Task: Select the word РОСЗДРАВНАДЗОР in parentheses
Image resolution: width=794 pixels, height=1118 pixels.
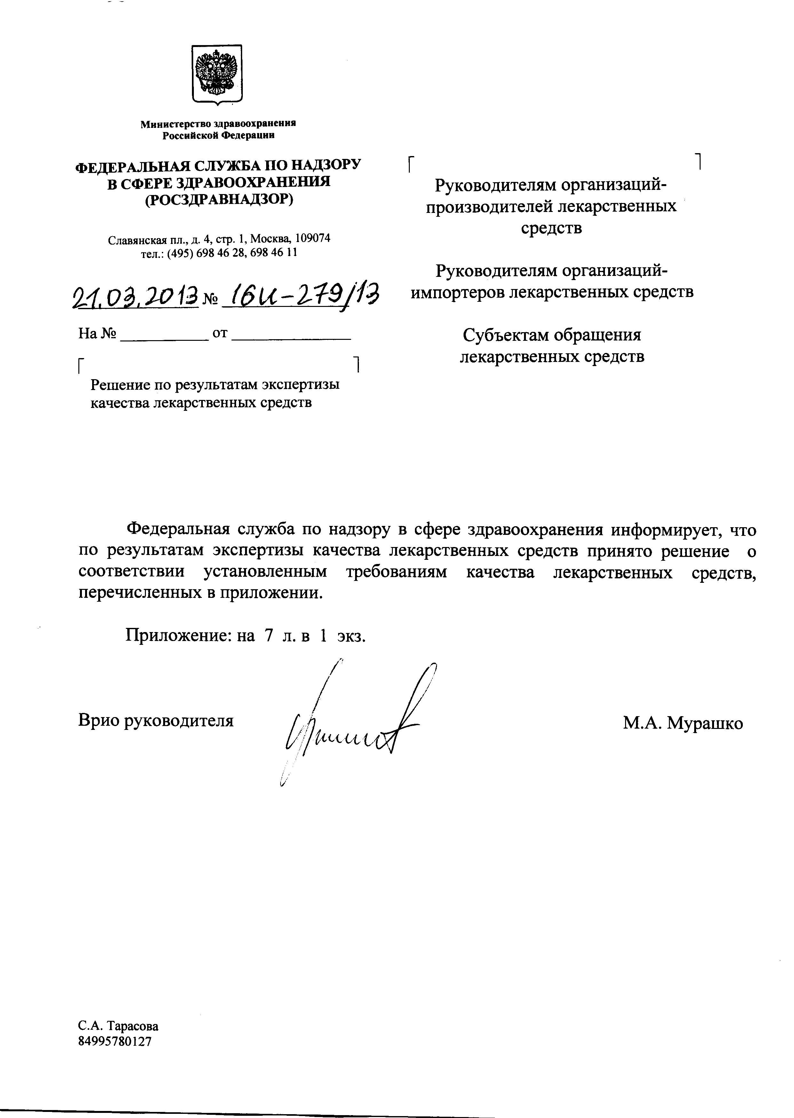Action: [x=219, y=199]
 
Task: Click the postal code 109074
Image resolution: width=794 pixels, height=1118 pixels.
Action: [x=314, y=238]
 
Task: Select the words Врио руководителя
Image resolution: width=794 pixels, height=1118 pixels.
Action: [x=155, y=721]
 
